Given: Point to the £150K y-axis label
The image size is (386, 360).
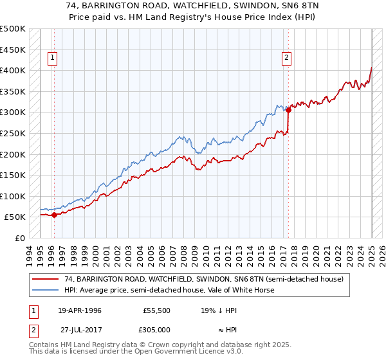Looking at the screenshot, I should (x=13, y=175).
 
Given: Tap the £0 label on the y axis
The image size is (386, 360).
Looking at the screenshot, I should (x=20, y=238).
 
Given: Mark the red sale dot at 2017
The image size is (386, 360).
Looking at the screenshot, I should (x=289, y=110).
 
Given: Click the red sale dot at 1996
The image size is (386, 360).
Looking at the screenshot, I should (x=54, y=215).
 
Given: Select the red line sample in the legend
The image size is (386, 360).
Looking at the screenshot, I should (x=46, y=279).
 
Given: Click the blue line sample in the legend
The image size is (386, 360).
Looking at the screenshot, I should (x=46, y=290).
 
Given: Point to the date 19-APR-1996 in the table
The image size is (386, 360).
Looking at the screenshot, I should (x=79, y=310).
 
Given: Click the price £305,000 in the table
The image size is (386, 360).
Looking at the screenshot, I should (x=157, y=328).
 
